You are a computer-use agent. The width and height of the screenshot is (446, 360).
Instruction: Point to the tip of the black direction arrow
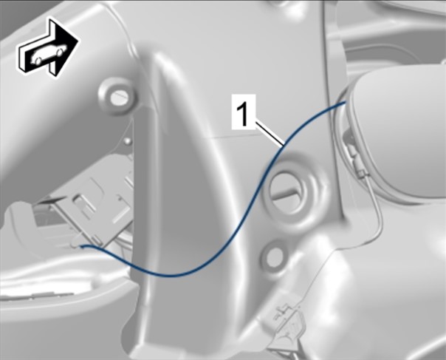[78, 40]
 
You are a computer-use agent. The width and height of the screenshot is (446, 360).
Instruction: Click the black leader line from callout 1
[269, 133]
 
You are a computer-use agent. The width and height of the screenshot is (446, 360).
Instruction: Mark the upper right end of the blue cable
[346, 102]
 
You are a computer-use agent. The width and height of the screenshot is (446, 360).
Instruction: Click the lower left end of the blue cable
[81, 246]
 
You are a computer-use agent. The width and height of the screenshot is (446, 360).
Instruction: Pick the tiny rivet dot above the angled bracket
[128, 140]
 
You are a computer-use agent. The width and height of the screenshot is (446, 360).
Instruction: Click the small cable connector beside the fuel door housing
[354, 159]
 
